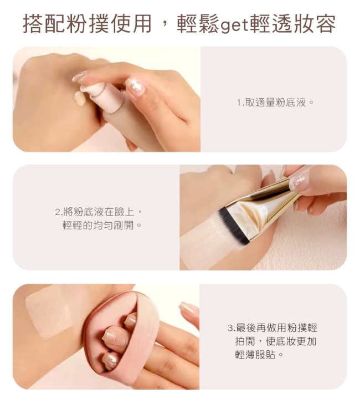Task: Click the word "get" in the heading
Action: coord(235,25)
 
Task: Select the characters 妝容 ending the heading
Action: coord(314,24)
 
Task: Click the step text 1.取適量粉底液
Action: coord(275,103)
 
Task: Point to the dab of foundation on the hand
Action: coord(80,99)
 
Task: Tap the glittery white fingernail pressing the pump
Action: coord(135,85)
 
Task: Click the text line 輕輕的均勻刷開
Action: coord(101,225)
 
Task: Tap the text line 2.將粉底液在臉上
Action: coord(98,212)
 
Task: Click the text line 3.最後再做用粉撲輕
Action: coord(272,328)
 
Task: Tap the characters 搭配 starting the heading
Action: coord(44,24)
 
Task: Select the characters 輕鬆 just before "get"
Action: coord(198,24)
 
